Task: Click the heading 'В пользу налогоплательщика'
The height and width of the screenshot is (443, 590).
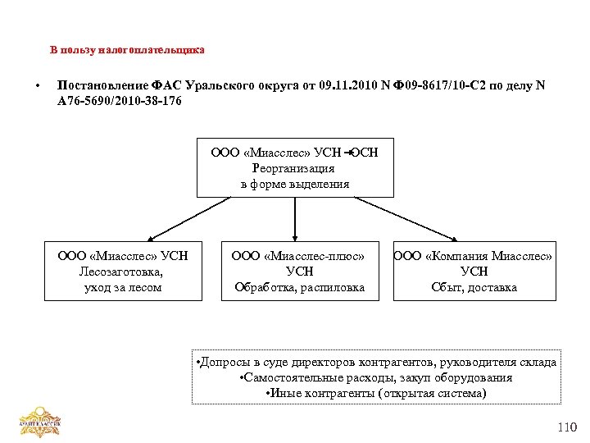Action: coord(126,50)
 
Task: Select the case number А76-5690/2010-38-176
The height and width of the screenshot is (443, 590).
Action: coord(115,101)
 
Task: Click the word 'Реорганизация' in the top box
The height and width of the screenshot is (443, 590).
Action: coord(294,167)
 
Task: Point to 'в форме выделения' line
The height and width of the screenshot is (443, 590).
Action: coord(294,184)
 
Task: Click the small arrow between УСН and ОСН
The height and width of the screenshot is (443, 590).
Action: coord(347,151)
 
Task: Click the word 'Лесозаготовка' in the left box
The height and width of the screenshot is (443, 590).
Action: coord(122,272)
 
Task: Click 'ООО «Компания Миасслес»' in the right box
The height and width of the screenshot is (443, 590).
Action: coord(474,256)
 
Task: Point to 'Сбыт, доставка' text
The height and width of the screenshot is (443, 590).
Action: coord(474,287)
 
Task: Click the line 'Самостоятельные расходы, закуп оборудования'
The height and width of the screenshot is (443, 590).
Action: coord(376,378)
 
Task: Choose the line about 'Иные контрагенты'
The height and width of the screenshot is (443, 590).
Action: coord(376,394)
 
